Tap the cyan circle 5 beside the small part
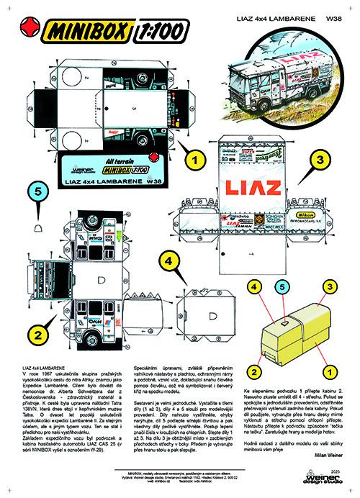(x=40, y=192)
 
